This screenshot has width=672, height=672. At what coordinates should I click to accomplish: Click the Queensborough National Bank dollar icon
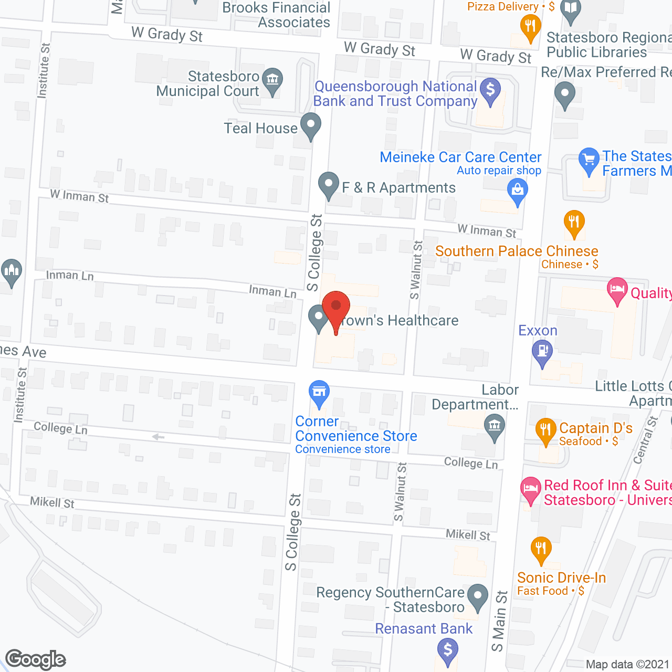pyautogui.click(x=490, y=91)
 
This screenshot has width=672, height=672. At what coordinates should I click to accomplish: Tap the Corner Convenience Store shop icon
pyautogui.click(x=319, y=393)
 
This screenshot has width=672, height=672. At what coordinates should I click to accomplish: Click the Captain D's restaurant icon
pyautogui.click(x=546, y=431)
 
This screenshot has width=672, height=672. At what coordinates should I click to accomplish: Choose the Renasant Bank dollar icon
pyautogui.click(x=447, y=650)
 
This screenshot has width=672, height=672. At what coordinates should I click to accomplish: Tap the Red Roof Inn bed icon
pyautogui.click(x=531, y=489)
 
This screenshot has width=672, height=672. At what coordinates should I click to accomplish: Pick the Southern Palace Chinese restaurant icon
pyautogui.click(x=574, y=223)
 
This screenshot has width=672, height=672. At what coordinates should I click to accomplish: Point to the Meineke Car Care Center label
pyautogui.click(x=460, y=157)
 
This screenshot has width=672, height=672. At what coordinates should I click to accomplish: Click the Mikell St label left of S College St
pyautogui.click(x=52, y=502)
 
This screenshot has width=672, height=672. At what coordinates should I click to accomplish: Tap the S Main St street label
pyautogui.click(x=500, y=621)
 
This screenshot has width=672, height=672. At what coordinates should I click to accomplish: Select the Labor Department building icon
pyautogui.click(x=494, y=426)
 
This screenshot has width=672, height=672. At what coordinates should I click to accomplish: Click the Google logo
pyautogui.click(x=36, y=659)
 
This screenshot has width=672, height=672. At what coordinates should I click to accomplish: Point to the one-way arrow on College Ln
pyautogui.click(x=158, y=437)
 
